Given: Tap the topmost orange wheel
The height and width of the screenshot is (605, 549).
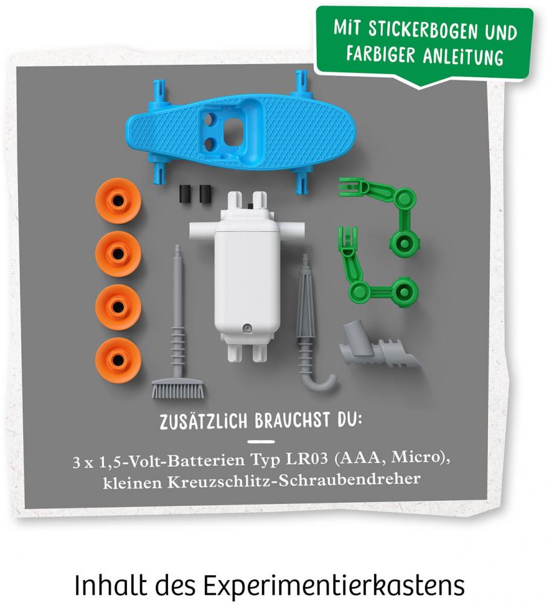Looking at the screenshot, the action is (x=119, y=201).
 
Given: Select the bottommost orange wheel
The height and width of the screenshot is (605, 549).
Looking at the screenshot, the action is (x=119, y=359).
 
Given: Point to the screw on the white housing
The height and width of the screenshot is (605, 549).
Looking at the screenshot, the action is (x=246, y=328).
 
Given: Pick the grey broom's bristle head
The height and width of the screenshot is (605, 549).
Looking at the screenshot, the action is (x=178, y=388).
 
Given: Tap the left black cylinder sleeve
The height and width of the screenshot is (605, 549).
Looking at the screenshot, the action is (x=186, y=194).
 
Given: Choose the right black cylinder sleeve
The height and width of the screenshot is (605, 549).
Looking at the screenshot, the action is (x=205, y=194).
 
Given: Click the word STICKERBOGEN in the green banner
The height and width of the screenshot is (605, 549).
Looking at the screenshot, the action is (x=423, y=30).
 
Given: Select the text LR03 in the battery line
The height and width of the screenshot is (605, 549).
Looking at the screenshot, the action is (x=307, y=459).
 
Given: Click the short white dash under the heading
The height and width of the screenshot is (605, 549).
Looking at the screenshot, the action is (x=261, y=442).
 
